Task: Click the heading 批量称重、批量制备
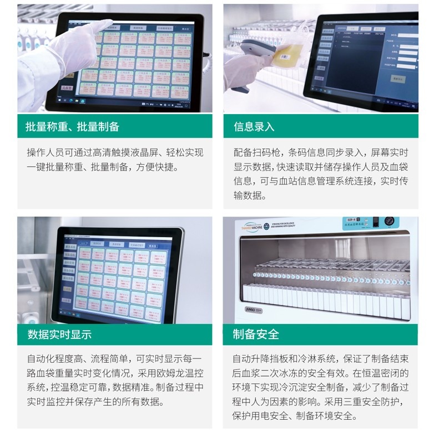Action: point(72,127)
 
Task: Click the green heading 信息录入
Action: point(254,127)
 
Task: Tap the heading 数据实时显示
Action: point(59,335)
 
